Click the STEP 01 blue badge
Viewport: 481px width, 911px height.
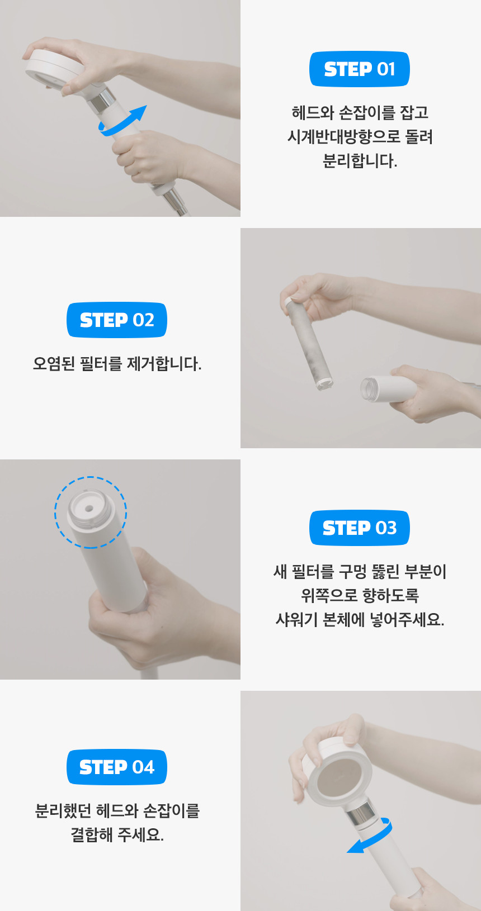(x=359, y=69)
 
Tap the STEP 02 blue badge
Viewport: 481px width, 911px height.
(x=117, y=320)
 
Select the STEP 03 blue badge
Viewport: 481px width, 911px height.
(x=359, y=528)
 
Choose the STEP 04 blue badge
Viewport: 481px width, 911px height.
(x=117, y=767)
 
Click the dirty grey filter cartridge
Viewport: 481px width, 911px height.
(x=309, y=344)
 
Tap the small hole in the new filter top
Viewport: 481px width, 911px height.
(x=89, y=508)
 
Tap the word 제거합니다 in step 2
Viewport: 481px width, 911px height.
(x=164, y=364)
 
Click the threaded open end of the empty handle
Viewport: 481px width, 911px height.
(x=370, y=389)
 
